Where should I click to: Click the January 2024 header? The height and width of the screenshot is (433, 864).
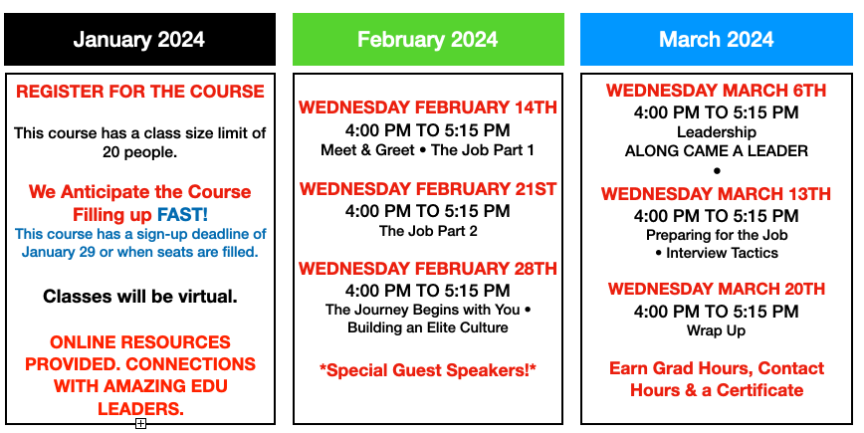click(x=139, y=40)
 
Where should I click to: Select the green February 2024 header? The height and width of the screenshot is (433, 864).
click(x=428, y=40)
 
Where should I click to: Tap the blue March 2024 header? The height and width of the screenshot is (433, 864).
click(x=717, y=40)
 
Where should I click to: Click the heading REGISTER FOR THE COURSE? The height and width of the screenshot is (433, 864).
click(x=140, y=92)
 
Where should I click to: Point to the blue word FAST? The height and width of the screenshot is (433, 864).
click(x=182, y=214)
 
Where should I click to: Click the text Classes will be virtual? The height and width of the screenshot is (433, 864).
click(x=140, y=297)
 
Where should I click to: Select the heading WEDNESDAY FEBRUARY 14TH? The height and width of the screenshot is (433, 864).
click(x=428, y=108)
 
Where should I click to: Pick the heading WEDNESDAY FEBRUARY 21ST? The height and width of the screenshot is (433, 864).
click(x=428, y=189)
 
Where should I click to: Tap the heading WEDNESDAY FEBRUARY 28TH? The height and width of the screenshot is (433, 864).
click(x=428, y=269)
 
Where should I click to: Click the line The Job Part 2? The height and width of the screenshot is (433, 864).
click(x=428, y=231)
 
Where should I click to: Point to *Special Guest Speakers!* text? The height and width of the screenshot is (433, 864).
click(x=428, y=370)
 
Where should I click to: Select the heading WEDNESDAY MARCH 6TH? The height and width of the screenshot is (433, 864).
click(x=717, y=91)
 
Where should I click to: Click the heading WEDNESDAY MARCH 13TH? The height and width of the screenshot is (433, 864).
click(x=717, y=194)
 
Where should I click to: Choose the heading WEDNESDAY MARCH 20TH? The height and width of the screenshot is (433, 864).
click(x=717, y=289)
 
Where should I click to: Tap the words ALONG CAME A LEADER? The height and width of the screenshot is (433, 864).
click(x=717, y=151)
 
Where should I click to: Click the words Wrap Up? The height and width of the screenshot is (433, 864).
click(x=717, y=331)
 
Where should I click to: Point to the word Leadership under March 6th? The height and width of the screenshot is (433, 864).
click(x=717, y=132)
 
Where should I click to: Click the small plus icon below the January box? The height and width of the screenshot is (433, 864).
click(x=141, y=423)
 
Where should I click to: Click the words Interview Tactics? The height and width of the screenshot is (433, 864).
click(x=722, y=253)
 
